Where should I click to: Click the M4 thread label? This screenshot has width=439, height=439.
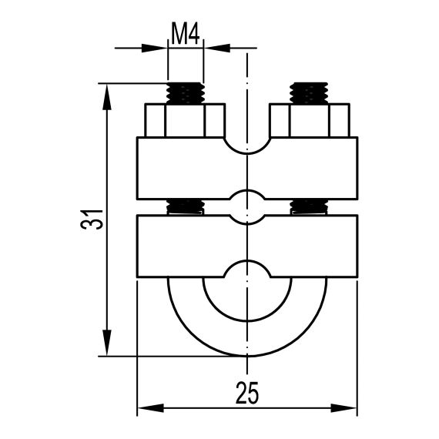185,35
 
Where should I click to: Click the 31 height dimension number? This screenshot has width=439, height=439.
92,219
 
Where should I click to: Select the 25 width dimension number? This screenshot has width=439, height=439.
246,393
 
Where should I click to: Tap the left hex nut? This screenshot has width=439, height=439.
185,120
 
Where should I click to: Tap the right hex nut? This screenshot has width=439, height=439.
310,120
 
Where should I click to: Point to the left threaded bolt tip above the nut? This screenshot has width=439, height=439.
186,93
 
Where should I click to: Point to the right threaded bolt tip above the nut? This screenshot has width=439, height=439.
309,93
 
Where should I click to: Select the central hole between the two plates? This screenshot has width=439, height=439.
247,207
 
